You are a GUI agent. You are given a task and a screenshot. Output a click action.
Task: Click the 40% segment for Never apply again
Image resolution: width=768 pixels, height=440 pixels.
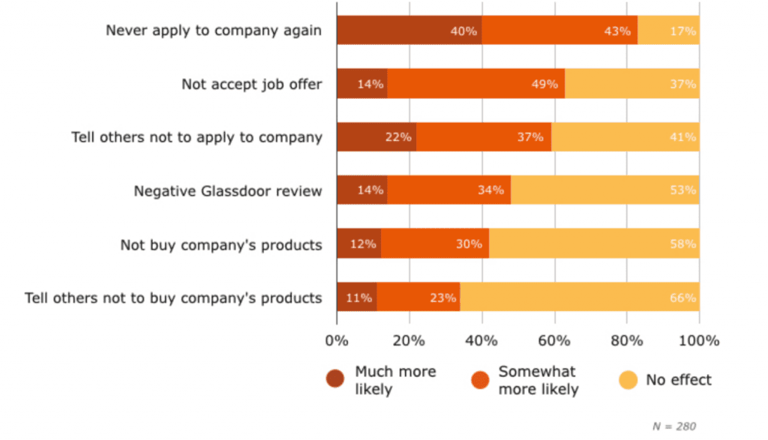409,31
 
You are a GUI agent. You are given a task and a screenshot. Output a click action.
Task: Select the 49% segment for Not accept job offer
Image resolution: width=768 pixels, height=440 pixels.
475,84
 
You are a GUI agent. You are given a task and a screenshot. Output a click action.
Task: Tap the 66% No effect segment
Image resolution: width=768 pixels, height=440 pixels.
580,298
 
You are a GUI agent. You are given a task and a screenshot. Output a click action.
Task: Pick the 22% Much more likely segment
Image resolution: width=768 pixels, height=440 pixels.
376,137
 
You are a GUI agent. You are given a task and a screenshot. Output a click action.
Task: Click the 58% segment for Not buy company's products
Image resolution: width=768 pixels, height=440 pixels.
594,244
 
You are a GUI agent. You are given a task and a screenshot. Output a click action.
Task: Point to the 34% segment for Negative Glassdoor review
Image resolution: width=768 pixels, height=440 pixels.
448,190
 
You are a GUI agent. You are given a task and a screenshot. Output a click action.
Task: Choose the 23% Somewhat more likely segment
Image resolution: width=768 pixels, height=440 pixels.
418,298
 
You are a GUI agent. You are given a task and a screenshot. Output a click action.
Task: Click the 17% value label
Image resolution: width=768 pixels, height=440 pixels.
683,31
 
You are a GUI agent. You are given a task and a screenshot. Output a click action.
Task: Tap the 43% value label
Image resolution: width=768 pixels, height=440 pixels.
616,31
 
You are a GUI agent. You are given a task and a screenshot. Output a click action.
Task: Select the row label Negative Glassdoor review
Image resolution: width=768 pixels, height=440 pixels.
228,191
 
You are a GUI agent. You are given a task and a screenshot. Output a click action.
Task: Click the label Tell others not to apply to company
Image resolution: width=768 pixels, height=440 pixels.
196,137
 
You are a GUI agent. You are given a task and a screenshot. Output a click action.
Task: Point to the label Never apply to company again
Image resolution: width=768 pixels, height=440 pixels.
214,31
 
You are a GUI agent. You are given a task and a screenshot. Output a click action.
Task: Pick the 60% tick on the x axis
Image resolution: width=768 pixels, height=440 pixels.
553,341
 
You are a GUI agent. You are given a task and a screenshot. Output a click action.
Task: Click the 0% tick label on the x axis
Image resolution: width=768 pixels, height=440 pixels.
337,341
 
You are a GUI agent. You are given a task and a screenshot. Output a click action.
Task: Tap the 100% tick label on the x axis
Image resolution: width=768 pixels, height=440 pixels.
699,341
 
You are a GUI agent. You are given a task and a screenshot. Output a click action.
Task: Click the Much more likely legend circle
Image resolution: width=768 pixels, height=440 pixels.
335,380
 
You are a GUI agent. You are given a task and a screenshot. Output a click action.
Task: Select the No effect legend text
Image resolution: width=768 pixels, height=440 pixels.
679,380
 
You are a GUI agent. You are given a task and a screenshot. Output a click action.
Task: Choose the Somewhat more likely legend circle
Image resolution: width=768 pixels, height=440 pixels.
481,380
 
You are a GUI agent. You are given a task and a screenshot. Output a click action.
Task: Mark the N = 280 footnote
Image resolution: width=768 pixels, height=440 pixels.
674,427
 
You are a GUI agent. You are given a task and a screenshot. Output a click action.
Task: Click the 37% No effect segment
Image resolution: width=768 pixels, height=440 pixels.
632,84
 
